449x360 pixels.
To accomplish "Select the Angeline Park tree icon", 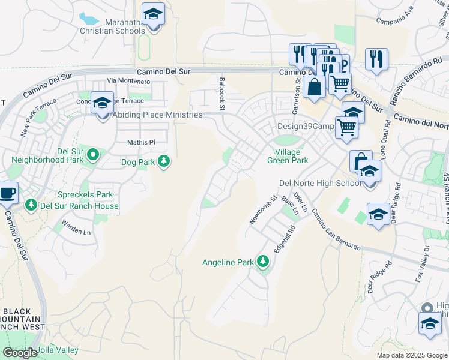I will (262, 262).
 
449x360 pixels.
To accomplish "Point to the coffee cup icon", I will (7, 193).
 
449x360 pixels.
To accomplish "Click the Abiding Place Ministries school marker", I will (102, 103).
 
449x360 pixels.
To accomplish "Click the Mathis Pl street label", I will (141, 142).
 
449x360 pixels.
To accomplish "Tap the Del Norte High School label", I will (321, 183).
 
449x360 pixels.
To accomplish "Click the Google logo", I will (20, 353).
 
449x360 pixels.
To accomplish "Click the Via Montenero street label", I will (128, 80).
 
